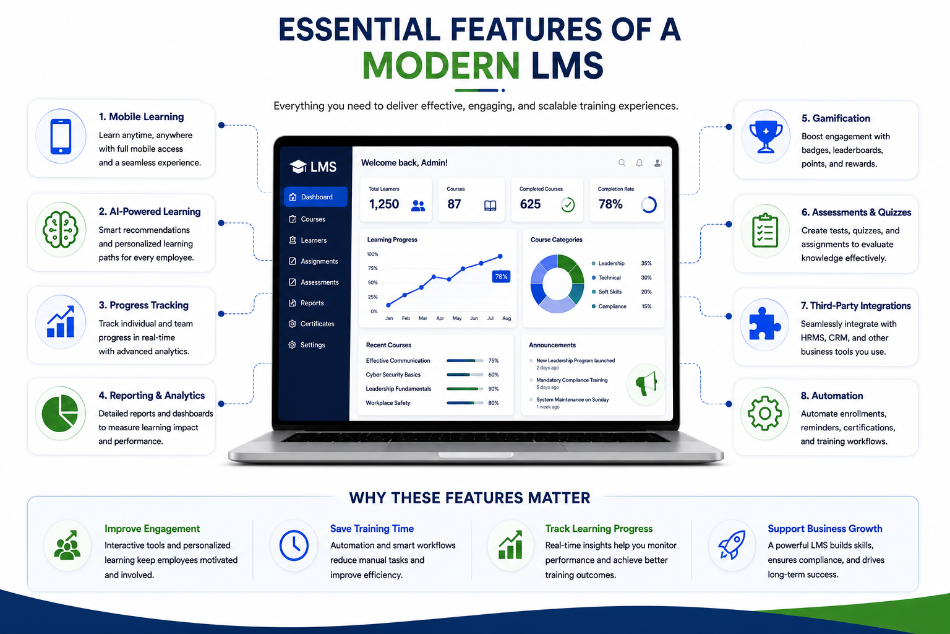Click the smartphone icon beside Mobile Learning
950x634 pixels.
coord(61,136)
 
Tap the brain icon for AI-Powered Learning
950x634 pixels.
coord(61,230)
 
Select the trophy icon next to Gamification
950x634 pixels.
coord(766,137)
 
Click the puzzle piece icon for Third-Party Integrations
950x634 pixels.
coord(764,324)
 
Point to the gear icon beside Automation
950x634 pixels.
coord(764,413)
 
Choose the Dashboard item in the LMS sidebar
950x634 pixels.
coord(315,197)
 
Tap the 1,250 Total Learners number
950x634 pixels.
coord(384,204)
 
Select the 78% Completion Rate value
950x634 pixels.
coord(610,204)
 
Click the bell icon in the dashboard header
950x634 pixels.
coord(639,163)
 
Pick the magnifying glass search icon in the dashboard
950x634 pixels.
coord(622,163)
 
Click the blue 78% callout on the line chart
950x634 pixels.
coord(501,277)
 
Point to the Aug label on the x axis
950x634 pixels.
coord(507,318)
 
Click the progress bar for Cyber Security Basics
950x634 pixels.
coord(465,375)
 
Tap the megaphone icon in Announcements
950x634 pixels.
coord(646,383)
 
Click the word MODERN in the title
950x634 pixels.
coord(440,66)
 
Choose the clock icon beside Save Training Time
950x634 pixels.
coord(294,545)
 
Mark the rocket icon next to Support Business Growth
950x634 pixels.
coord(732,544)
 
